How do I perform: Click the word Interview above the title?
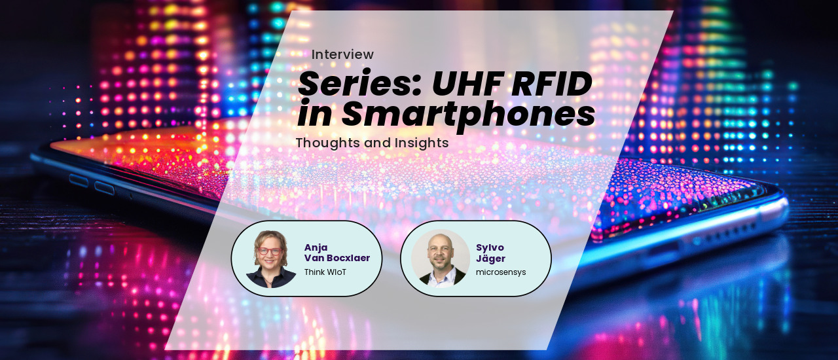pos(342,54)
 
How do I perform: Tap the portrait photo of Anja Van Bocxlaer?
pos(271,259)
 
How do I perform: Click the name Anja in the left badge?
pos(316,247)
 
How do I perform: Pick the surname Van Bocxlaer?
pos(337,258)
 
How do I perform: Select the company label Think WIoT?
pos(325,272)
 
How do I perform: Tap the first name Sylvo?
pos(490,247)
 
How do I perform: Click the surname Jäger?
pos(490,258)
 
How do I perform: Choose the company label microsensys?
pos(500,272)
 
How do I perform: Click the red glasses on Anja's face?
pos(270,251)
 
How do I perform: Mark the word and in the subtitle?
pos(380,143)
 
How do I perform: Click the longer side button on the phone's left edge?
pos(104,189)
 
